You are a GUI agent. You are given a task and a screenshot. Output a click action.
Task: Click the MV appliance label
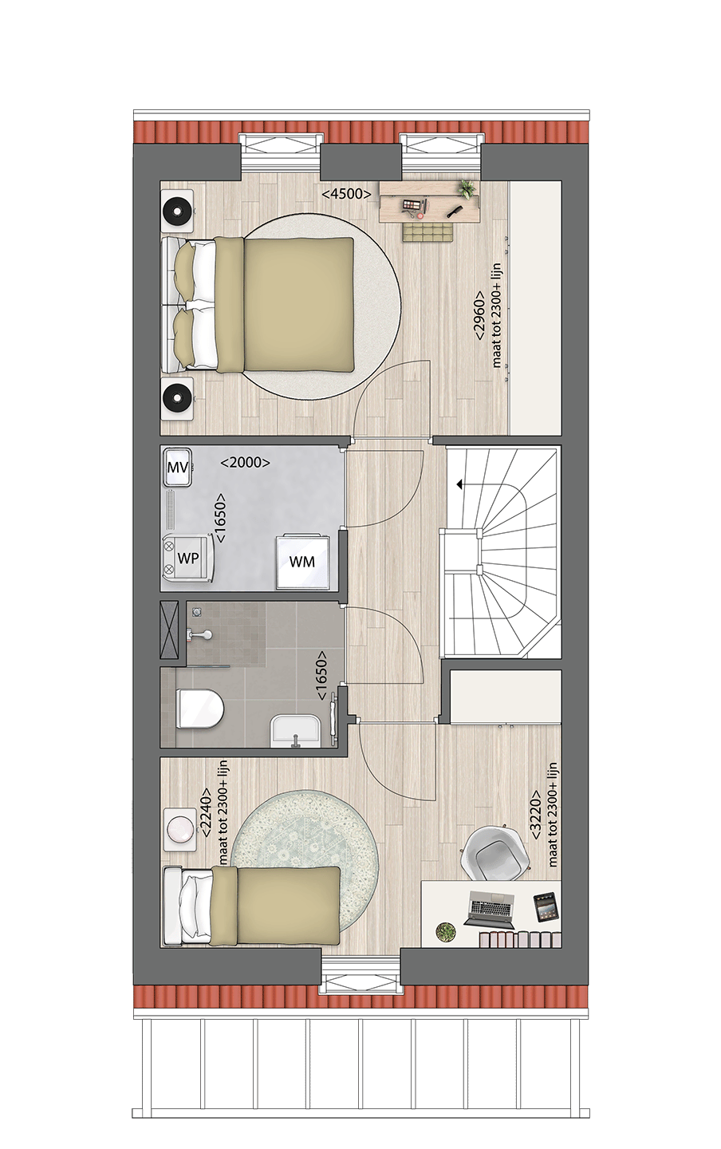(177, 468)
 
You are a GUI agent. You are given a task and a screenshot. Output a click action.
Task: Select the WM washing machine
(301, 561)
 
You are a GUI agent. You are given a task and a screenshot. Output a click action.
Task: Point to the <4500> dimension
(346, 194)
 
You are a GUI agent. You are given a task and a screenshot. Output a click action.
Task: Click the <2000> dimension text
(245, 462)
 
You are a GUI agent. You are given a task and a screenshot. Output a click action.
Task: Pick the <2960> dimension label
(479, 316)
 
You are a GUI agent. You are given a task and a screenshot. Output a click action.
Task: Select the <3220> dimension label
(536, 815)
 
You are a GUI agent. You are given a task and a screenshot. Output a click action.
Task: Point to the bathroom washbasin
(296, 731)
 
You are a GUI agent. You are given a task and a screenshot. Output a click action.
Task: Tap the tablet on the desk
(546, 907)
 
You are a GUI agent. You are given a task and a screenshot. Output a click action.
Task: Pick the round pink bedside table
(180, 827)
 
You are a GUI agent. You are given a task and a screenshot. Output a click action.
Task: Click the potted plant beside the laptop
(446, 931)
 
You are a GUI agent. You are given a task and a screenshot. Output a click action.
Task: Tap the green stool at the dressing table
(426, 232)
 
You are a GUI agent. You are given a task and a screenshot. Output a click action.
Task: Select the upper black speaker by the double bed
(177, 212)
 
